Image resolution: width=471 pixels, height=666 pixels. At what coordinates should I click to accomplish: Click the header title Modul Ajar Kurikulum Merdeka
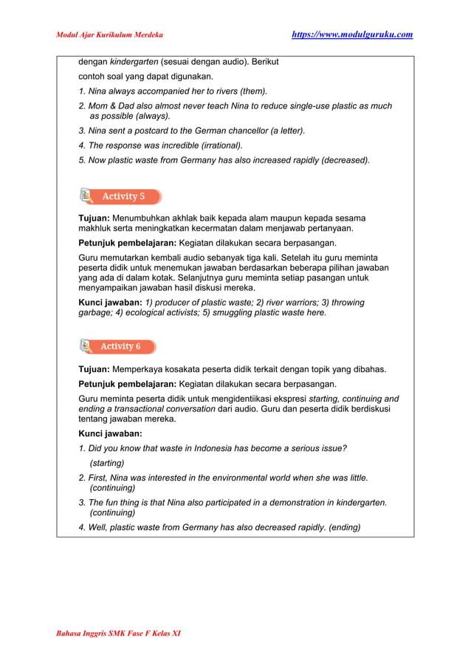click(110, 35)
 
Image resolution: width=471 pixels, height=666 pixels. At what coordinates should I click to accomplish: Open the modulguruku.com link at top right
click(352, 34)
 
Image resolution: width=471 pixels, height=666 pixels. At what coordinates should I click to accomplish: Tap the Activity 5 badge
click(123, 196)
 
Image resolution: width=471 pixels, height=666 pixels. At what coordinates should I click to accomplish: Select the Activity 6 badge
click(120, 346)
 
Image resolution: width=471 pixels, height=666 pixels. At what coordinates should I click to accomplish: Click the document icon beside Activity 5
click(86, 196)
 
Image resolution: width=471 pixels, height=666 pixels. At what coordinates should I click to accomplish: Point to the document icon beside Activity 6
click(86, 346)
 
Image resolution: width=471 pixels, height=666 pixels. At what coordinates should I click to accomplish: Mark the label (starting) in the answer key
click(107, 463)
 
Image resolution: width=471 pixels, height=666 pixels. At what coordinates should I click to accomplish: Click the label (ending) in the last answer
click(345, 527)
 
